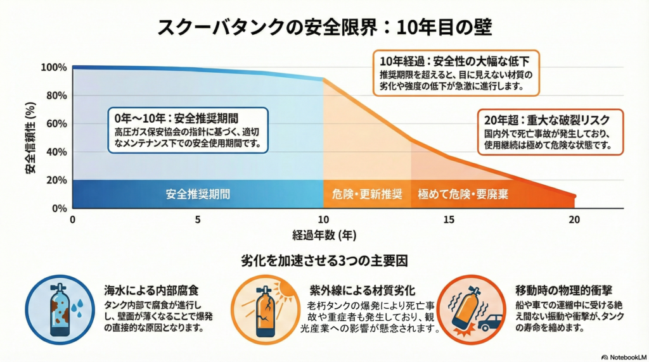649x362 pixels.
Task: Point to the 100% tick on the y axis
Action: (x=53, y=68)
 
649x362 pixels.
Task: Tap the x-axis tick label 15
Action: (x=449, y=220)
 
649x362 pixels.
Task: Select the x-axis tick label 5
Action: (x=198, y=220)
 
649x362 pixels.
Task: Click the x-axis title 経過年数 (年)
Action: (x=324, y=235)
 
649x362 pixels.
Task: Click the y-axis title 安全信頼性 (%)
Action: (x=30, y=138)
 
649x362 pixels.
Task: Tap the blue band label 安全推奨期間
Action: (x=198, y=194)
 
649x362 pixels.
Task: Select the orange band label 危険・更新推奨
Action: (x=366, y=194)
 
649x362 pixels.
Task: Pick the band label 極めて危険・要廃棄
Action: (x=463, y=194)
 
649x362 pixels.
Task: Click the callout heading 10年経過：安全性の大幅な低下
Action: (x=455, y=61)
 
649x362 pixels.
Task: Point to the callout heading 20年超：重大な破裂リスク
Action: (x=549, y=119)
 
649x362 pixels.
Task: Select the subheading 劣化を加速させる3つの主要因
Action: (x=324, y=260)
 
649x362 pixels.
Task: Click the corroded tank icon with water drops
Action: (x=61, y=308)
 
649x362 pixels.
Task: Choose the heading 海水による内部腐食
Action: (x=151, y=291)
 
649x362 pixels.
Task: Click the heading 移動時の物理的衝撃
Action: (x=563, y=290)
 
